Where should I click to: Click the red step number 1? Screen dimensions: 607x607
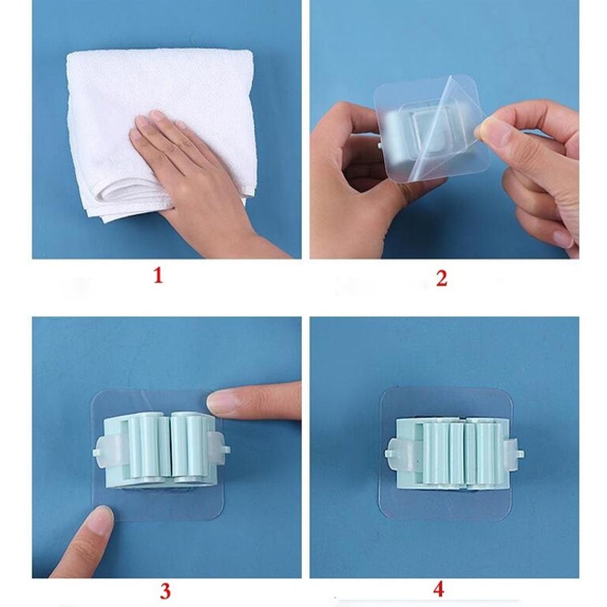[158, 276]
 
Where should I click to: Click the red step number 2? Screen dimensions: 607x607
[441, 278]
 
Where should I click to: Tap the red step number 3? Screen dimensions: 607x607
[165, 591]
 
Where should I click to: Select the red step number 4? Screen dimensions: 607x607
[439, 589]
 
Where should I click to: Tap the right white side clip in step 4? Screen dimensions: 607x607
[514, 453]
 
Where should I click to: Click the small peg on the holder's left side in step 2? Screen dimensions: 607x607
[380, 146]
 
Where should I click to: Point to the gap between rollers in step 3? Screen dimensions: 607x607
[171, 445]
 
